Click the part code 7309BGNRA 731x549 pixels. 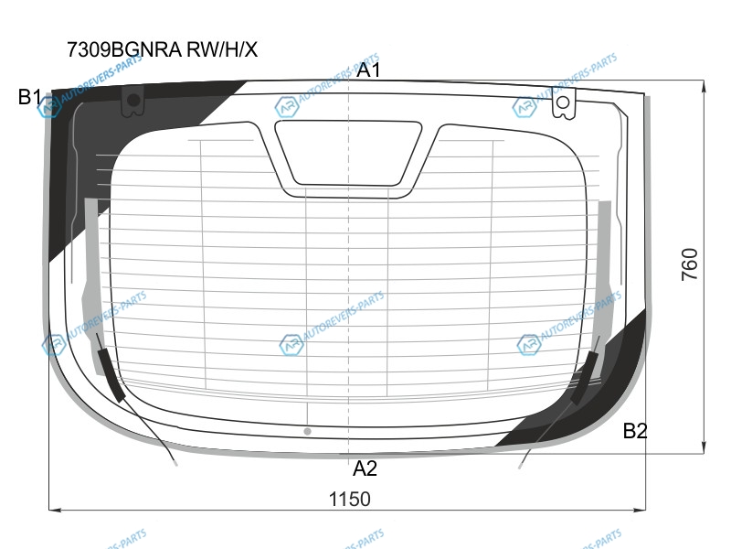point(124,49)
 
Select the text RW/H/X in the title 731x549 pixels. point(222,49)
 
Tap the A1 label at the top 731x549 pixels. point(368,70)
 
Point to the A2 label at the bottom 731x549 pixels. point(365,468)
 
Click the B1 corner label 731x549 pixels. point(30,97)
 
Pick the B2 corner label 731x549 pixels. point(635,430)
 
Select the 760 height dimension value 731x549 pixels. point(690,264)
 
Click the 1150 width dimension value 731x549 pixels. point(350,499)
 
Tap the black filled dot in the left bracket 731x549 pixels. point(133,100)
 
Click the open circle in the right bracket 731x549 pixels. point(563,102)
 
